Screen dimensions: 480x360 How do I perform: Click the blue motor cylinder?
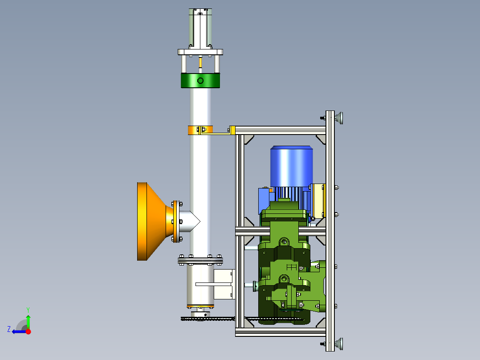click(291, 166)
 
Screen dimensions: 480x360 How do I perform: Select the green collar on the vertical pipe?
click(200, 81)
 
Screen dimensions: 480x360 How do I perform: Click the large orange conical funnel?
click(153, 221)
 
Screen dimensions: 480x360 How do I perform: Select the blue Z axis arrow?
click(19, 331)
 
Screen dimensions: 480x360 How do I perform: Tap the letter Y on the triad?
click(28, 310)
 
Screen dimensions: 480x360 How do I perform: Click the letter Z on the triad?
click(9, 329)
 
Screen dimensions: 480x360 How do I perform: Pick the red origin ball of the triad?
click(28, 331)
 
